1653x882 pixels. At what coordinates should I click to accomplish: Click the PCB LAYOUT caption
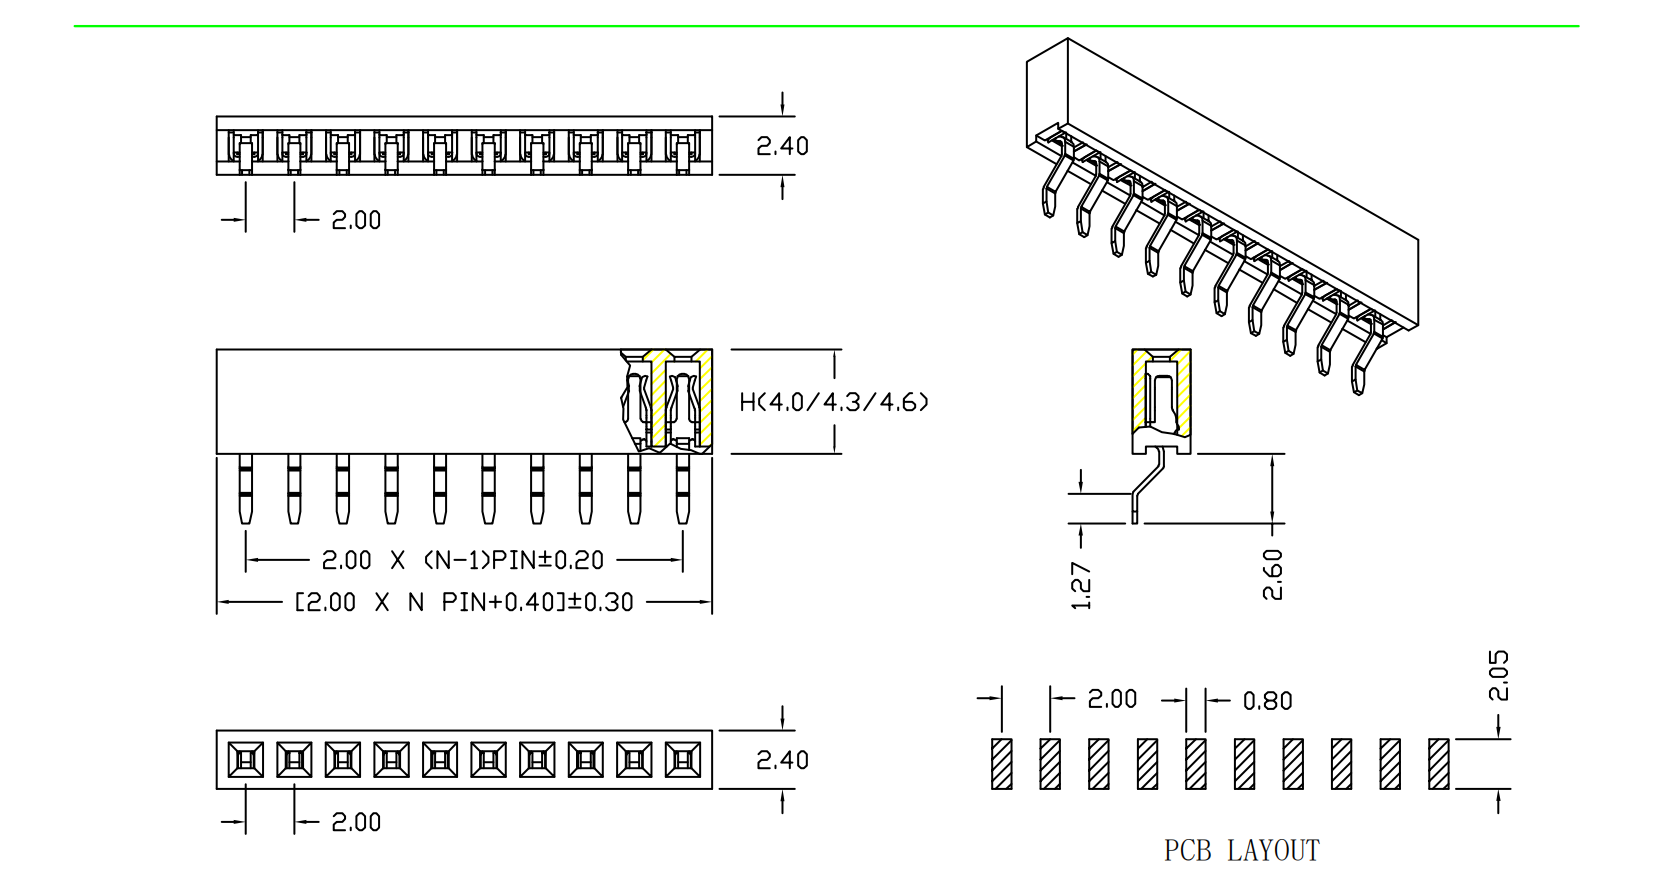pos(1241,851)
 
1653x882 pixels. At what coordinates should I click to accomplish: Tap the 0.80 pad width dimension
pos(1267,701)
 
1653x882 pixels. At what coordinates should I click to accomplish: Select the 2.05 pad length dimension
pos(1498,676)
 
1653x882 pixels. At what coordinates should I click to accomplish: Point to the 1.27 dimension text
pos(1081,585)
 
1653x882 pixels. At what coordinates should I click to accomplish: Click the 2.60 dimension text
pos(1272,574)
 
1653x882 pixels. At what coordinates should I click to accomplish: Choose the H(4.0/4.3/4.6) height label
pos(834,402)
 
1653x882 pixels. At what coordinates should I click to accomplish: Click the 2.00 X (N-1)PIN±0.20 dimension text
pos(463,560)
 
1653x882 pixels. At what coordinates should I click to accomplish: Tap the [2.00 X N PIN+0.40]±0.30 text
pos(464,602)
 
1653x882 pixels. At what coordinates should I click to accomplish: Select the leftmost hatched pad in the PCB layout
pos(1002,764)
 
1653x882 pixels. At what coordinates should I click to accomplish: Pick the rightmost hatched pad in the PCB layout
pos(1439,764)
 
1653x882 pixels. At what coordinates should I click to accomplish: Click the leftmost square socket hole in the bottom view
pos(246,760)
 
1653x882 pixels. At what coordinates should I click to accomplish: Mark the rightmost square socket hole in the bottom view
pos(683,760)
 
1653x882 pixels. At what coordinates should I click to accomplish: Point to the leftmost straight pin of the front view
pos(246,489)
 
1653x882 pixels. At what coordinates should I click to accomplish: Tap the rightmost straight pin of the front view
pos(683,489)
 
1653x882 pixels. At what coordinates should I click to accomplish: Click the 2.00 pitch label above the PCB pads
pos(1112,699)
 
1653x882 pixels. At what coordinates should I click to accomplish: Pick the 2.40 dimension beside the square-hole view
pos(782,760)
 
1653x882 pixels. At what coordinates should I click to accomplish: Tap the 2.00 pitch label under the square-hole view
pos(356,822)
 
